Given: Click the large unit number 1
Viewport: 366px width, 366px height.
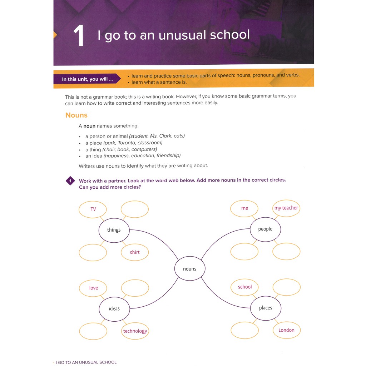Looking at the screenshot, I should tap(79, 36).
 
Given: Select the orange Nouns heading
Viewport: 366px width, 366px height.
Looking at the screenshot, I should tap(76, 115).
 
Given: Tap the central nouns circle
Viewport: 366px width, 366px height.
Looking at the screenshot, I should tap(190, 269).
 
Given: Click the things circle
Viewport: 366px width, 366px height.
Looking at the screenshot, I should tap(114, 230).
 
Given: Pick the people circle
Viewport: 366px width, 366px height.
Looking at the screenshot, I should tap(265, 229).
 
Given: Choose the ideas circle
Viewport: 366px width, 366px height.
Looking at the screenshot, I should tap(114, 308).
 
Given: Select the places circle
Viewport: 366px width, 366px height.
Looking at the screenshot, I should tap(266, 308).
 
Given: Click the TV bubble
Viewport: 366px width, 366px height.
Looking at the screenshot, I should tap(93, 209).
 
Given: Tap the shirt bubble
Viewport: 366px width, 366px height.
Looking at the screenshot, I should tap(135, 252).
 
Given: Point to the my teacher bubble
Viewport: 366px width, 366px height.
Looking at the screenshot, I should tap(286, 208).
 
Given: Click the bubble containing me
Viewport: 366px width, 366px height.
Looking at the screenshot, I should tap(244, 208).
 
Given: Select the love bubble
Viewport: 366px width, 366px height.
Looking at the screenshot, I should tap(93, 288).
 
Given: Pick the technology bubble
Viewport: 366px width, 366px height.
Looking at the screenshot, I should tap(135, 331).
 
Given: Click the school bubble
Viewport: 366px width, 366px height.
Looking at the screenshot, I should tap(245, 287).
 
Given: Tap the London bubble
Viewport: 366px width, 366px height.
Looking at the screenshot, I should tap(286, 330).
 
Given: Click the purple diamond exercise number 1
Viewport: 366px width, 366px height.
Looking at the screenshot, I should tap(70, 181).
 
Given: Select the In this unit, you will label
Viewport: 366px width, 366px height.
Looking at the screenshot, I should tap(87, 79).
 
